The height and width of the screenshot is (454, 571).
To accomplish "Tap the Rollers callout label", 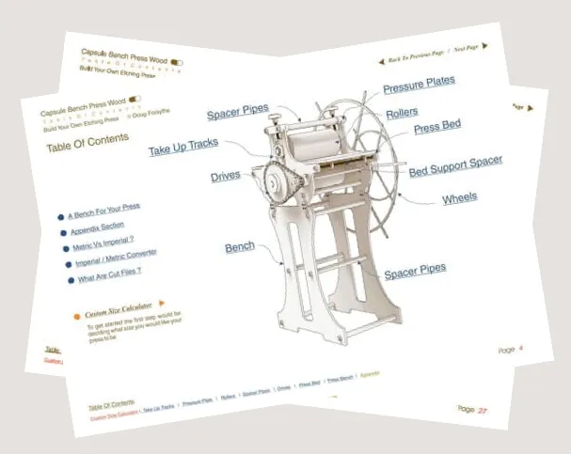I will coord(402,113).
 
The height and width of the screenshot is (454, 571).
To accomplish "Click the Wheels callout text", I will coord(459,198).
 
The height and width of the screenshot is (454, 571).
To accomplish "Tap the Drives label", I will coord(225,176).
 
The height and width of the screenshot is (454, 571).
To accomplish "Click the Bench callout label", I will coord(239,247).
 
